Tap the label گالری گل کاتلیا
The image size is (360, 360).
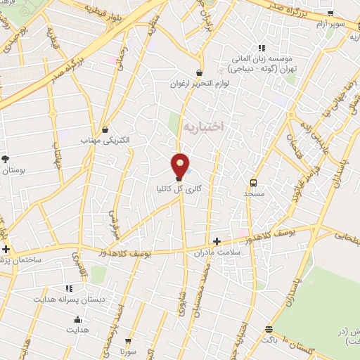point(180,188)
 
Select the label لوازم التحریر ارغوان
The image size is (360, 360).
point(200,84)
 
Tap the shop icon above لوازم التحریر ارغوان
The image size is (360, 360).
point(200,72)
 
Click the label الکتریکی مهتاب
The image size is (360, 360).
point(106,141)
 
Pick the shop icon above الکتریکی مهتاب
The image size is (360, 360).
point(105,129)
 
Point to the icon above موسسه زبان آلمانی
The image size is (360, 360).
point(262,48)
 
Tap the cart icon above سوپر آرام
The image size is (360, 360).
point(330,13)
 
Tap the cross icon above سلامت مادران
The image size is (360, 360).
point(217,240)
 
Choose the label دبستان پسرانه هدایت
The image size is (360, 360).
point(70,298)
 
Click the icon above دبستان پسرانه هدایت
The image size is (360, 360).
point(69,288)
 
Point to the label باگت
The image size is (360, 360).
point(270,339)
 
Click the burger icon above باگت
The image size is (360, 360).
point(269,329)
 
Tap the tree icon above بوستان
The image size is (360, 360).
point(6,159)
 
